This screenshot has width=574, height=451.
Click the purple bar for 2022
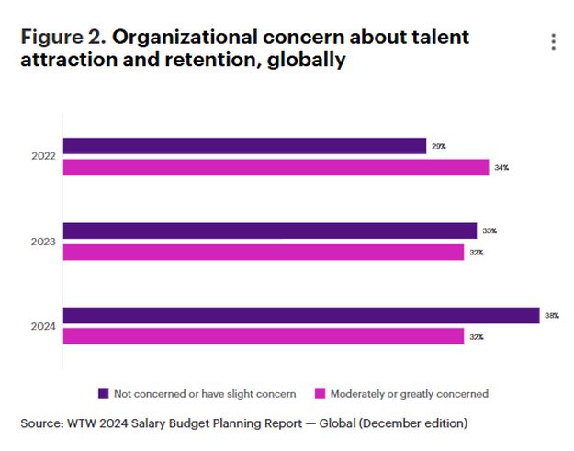244,146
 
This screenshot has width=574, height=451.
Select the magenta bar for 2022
276,167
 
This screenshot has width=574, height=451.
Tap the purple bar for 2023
269,231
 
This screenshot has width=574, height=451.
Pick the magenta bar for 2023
263,252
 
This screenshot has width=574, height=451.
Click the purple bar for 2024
300,315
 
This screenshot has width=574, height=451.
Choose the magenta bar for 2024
263,336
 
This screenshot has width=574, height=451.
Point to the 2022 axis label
43,157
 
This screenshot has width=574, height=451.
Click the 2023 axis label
43,242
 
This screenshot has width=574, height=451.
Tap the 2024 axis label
43,326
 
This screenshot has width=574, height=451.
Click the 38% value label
551,316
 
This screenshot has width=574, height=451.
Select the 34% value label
501,168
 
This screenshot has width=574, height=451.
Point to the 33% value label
489,231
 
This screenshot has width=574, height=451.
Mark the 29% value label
438,147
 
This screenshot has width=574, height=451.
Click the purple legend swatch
104,393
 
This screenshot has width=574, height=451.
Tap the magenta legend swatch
321,393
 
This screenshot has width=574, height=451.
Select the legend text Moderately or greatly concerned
411,394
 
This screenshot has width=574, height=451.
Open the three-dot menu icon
553,42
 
